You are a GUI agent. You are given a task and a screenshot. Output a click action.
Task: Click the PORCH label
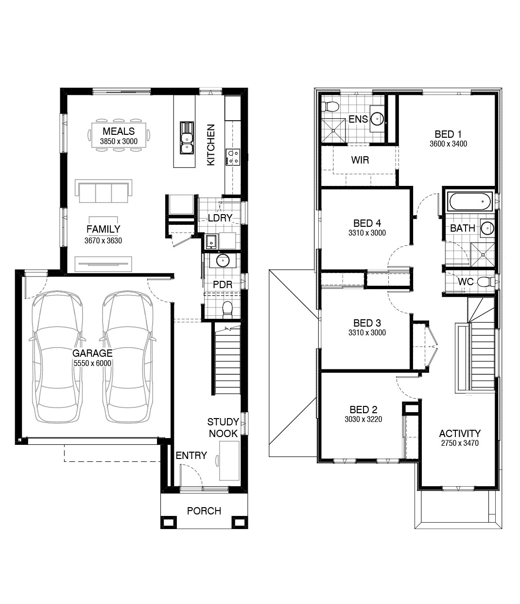204,511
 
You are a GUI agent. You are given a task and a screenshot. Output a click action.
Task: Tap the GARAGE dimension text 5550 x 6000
92,363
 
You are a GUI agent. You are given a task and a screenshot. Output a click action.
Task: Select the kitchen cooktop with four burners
233,157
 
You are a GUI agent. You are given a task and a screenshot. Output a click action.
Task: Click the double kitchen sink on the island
187,138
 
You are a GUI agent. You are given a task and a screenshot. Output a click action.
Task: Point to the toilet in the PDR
227,310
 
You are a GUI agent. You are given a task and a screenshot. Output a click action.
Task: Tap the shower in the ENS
333,130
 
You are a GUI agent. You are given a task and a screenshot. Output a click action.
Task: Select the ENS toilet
330,107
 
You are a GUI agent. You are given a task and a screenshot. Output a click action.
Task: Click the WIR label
360,160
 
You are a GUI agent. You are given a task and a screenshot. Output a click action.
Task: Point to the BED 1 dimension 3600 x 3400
448,144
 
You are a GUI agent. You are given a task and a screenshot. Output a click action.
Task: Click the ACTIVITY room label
460,433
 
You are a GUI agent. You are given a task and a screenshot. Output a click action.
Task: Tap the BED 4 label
367,223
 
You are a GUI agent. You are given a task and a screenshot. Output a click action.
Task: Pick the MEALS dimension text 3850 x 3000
119,142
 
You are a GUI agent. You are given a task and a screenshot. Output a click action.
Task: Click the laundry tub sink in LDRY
211,241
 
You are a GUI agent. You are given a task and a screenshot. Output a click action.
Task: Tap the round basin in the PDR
223,260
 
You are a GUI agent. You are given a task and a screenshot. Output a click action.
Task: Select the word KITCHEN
211,145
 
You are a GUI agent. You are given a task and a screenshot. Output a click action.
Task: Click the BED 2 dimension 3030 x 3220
364,419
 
